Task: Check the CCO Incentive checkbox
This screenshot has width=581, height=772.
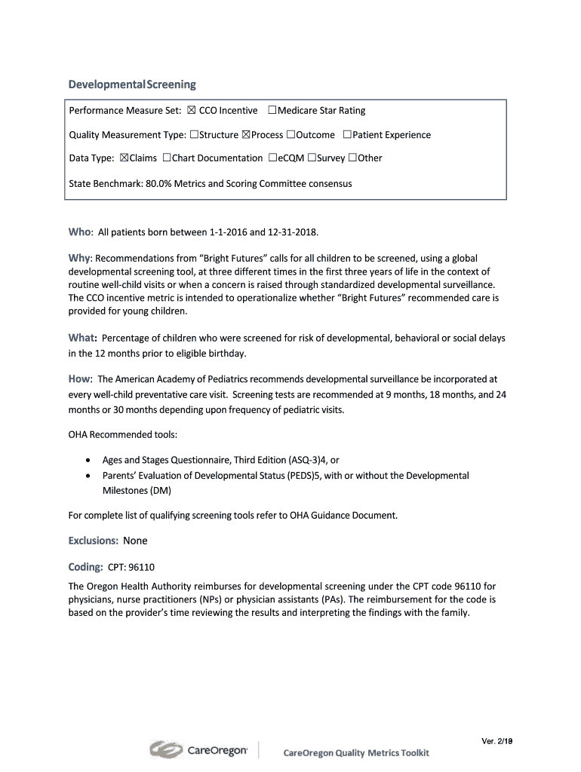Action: tap(191, 111)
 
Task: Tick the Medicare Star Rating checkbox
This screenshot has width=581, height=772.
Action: tap(272, 111)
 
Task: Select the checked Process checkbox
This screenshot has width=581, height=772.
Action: tap(245, 135)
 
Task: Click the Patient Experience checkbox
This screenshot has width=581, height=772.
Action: tap(346, 135)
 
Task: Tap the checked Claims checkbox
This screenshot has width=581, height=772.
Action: tap(124, 158)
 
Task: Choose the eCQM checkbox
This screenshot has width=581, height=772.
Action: tap(272, 158)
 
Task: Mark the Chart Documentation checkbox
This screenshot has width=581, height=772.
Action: tap(166, 158)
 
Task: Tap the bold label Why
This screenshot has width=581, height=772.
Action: tap(79, 258)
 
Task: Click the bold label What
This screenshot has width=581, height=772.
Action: tap(82, 338)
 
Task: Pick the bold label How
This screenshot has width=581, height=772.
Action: tap(80, 378)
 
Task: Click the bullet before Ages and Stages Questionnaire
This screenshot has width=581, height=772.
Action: tap(89, 460)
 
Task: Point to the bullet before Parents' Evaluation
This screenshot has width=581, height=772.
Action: tap(89, 476)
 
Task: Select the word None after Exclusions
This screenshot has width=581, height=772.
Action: tap(135, 541)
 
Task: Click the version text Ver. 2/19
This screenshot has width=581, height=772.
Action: tap(497, 741)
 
